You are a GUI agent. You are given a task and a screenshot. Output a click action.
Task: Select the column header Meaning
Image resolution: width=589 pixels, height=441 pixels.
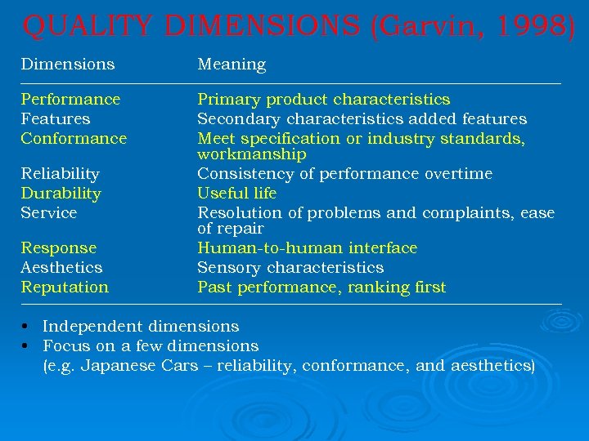[232, 65]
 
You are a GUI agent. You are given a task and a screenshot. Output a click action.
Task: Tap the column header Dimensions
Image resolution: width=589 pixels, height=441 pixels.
[68, 64]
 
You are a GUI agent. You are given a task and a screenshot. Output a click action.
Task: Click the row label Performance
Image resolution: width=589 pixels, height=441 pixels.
[70, 100]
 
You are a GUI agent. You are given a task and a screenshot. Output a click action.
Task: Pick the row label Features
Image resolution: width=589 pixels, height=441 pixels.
[56, 119]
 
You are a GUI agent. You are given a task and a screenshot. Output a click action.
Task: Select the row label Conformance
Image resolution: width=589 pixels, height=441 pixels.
[74, 139]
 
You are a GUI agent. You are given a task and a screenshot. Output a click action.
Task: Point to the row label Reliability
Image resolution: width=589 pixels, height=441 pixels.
[60, 174]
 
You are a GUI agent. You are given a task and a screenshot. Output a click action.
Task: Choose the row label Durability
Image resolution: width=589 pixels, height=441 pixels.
[61, 194]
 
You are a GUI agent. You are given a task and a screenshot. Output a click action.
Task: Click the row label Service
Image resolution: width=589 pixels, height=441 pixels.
[49, 213]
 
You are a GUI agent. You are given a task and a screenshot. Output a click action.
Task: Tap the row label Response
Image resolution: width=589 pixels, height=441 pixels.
[58, 248]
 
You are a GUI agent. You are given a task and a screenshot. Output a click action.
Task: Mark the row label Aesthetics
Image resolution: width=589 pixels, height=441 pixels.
[61, 268]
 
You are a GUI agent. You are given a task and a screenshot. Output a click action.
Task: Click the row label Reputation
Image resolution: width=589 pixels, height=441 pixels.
[65, 287]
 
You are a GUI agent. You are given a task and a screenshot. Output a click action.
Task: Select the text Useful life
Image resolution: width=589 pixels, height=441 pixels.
[237, 194]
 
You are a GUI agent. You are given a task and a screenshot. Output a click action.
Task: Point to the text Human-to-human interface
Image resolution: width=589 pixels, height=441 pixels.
[307, 248]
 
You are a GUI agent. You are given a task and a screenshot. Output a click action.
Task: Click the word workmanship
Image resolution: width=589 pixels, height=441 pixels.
[252, 154]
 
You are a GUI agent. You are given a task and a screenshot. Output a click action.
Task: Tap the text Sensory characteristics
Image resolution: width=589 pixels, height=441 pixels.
[290, 268]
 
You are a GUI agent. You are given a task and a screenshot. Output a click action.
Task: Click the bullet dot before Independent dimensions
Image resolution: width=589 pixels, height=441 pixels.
[25, 327]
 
